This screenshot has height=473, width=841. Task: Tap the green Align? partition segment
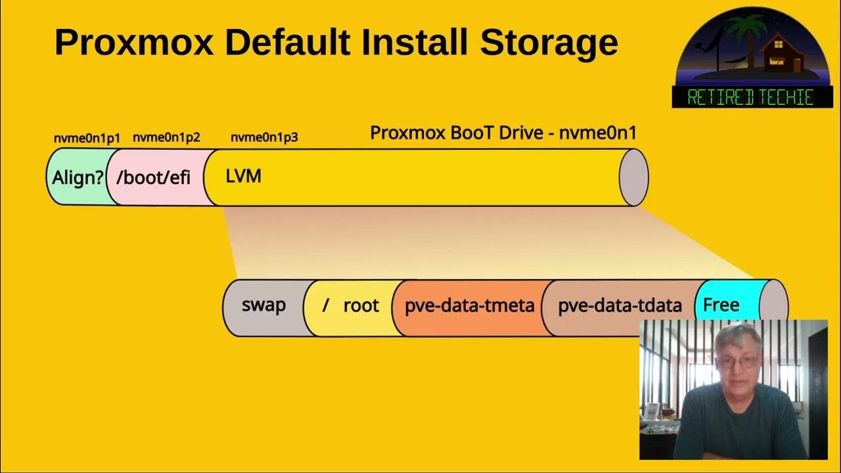coord(78,177)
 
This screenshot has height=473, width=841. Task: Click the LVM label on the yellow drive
coord(243,176)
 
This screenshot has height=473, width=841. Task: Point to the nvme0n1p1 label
coord(87,138)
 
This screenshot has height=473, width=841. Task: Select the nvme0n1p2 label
coord(166,138)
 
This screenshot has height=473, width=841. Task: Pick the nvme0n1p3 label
coord(264,138)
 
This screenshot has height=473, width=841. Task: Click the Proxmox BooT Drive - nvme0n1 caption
coord(503,133)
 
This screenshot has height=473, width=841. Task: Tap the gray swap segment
coord(263,305)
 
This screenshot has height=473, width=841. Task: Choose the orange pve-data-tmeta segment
coord(469,306)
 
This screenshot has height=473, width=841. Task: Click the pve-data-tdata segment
coord(620,306)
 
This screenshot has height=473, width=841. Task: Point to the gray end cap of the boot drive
coord(634,177)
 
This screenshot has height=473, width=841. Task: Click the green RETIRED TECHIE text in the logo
coord(751,97)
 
